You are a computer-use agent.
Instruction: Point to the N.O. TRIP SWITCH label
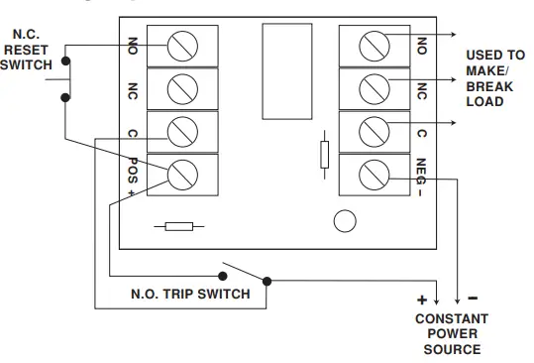[189, 294]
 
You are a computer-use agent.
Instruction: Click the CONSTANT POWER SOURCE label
[452, 334]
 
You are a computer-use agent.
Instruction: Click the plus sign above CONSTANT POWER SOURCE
[421, 300]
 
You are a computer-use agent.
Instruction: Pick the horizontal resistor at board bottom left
[177, 227]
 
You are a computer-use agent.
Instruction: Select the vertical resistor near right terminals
[324, 155]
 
